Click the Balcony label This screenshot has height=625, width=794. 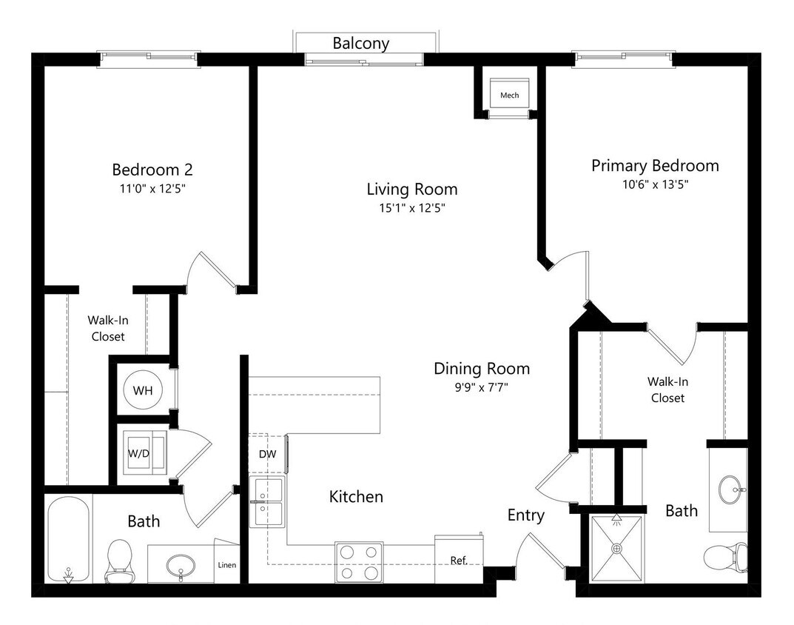pyautogui.click(x=360, y=44)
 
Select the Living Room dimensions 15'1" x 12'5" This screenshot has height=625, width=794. pyautogui.click(x=411, y=208)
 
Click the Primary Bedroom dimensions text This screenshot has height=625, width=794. pyautogui.click(x=655, y=185)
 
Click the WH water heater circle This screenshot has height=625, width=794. pyautogui.click(x=143, y=390)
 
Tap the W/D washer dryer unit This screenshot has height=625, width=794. pyautogui.click(x=144, y=451)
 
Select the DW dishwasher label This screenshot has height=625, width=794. pyautogui.click(x=267, y=454)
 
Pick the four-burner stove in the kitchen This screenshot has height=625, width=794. pyautogui.click(x=359, y=561)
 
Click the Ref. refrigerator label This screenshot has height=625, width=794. pyautogui.click(x=459, y=561)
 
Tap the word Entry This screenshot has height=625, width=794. pyautogui.click(x=525, y=515)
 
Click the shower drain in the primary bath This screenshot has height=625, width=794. pyautogui.click(x=616, y=549)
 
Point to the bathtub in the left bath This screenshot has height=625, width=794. pyautogui.click(x=68, y=540)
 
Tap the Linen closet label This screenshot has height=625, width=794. pyautogui.click(x=226, y=566)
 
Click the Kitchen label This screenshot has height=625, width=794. pyautogui.click(x=356, y=496)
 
